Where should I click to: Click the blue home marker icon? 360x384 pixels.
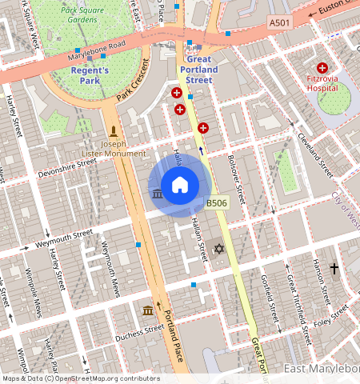pyautogui.click(x=180, y=186)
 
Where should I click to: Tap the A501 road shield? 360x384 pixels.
pyautogui.click(x=279, y=23)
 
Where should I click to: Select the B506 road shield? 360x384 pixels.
pyautogui.click(x=217, y=204)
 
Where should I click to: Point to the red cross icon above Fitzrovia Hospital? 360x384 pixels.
pyautogui.click(x=322, y=69)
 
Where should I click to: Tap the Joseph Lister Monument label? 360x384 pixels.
pyautogui.click(x=114, y=148)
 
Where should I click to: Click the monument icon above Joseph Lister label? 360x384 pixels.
pyautogui.click(x=114, y=130)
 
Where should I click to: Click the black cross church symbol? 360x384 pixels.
pyautogui.click(x=334, y=269)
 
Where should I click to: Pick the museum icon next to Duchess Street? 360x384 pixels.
pyautogui.click(x=148, y=310)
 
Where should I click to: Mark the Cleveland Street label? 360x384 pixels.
pyautogui.click(x=315, y=154)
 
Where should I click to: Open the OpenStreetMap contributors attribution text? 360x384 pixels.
pyautogui.click(x=81, y=378)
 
